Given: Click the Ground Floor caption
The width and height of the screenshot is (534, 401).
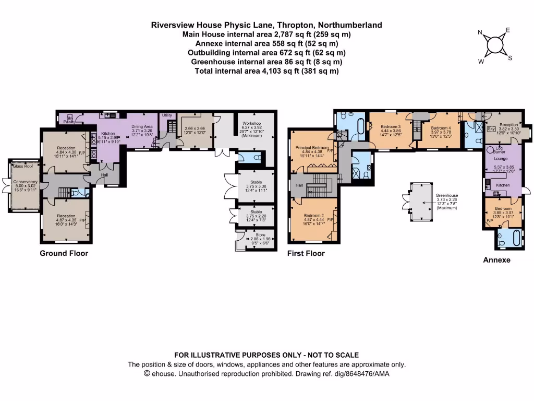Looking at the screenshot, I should click(64, 253).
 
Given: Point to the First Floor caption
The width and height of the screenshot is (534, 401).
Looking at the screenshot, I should click(306, 253).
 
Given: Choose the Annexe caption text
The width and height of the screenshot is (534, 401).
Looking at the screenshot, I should click(496, 260).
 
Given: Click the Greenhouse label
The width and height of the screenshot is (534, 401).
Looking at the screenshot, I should click(446, 195).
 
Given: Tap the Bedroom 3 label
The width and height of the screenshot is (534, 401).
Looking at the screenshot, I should click(391, 127).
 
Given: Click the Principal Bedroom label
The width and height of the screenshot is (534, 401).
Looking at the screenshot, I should click(312, 148).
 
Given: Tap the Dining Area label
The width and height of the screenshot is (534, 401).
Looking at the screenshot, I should click(142, 126).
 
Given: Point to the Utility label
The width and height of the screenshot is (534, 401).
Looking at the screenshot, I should click(167, 115).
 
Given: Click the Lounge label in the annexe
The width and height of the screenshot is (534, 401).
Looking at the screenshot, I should click(501, 158).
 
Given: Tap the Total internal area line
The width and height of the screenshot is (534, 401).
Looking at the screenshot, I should click(266, 71).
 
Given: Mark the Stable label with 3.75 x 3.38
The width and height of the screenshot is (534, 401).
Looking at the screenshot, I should click(256, 183).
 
